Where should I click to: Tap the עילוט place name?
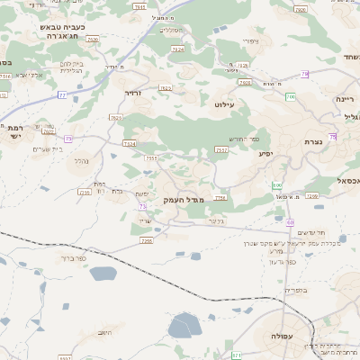tap(224, 104)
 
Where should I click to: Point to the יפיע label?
tap(266, 153)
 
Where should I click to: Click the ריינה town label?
tap(345, 98)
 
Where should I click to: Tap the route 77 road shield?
tap(62, 94)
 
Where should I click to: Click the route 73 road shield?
tap(142, 206)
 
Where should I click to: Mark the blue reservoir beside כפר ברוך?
tap(103, 274)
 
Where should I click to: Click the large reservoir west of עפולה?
tap(184, 325)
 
